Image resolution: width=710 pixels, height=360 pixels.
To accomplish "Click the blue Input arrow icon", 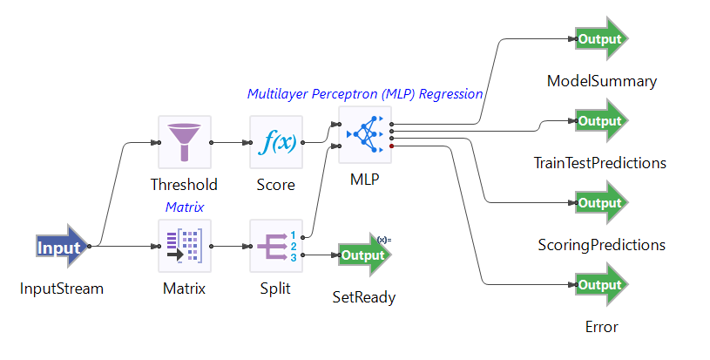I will [x=62, y=248].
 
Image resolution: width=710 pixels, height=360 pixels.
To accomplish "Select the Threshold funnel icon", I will [x=184, y=142].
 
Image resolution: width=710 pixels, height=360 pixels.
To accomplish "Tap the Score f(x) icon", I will [x=275, y=142].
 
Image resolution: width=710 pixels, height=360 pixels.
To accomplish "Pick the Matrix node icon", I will [x=184, y=246].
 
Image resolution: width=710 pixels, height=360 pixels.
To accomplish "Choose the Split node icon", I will [x=275, y=246].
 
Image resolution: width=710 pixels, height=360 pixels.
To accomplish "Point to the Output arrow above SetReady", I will [x=363, y=255].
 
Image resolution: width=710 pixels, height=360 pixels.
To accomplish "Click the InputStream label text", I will [x=62, y=289].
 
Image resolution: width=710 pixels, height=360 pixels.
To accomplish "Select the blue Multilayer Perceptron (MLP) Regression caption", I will [x=365, y=93].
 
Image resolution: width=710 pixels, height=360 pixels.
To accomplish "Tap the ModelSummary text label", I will [x=601, y=81].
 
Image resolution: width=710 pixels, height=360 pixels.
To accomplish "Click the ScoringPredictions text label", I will [x=601, y=245].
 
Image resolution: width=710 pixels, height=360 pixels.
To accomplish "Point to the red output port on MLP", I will [x=393, y=146].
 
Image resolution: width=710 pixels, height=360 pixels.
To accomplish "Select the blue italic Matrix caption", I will [x=184, y=207].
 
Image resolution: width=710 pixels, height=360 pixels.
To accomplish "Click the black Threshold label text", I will [x=184, y=185].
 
